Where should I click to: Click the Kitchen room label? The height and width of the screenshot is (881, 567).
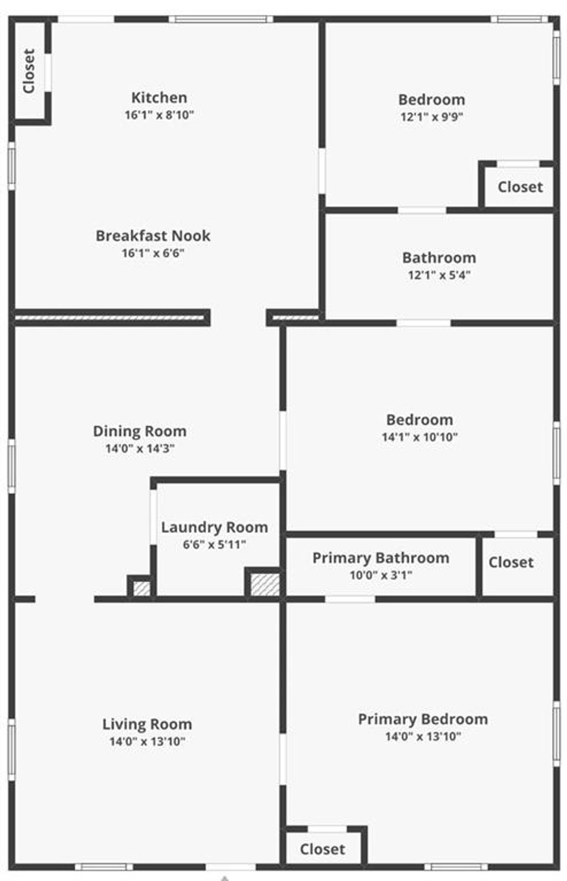coord(159,97)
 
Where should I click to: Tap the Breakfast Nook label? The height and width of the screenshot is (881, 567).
coord(153,236)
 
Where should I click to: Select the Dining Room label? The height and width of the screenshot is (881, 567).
coord(140,431)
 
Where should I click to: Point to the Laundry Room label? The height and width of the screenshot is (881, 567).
coord(214,527)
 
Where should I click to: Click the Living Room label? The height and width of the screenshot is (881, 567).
coord(147,724)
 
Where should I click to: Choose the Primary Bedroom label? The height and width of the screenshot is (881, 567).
coord(423,719)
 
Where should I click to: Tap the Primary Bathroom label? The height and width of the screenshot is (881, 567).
coord(381,558)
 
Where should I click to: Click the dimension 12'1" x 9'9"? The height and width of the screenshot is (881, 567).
coord(432,117)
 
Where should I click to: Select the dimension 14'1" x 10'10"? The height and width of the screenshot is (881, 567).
coord(420,437)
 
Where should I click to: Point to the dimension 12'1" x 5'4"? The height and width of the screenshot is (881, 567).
coord(439,275)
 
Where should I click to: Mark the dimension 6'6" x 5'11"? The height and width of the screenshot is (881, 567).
coord(214,545)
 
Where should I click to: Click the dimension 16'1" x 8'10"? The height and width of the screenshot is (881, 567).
coord(159,115)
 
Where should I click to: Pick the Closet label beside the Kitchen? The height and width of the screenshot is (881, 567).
coord(29,71)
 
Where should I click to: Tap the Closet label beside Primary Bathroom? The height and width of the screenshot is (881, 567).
coord(511,562)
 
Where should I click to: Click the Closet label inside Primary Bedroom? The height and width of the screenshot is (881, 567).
coord(323,849)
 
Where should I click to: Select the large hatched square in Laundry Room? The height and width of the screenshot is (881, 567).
coord(265,585)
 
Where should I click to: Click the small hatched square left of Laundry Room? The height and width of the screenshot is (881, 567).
coord(142,588)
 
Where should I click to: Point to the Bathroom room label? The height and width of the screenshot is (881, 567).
coord(439,258)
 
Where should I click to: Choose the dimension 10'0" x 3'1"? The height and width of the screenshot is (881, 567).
coord(381,576)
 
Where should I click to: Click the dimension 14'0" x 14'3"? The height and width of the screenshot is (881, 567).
coord(140,448)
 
